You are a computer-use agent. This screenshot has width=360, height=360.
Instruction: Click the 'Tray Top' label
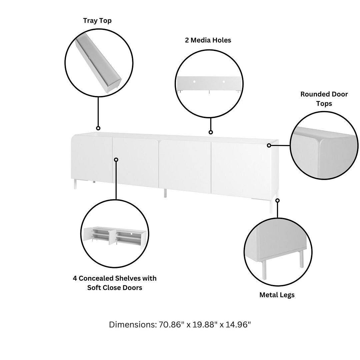tap(97, 21)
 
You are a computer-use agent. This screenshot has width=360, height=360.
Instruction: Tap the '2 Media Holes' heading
tap(208, 40)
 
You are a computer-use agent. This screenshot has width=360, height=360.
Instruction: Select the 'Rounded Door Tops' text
tap(324, 99)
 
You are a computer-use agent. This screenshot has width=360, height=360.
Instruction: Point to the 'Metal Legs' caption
tap(277, 295)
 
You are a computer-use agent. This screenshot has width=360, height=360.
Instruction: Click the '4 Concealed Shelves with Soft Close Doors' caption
tap(115, 283)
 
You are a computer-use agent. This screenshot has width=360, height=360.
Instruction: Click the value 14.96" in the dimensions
tap(238, 325)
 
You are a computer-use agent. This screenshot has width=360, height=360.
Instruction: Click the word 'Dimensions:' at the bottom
tap(132, 325)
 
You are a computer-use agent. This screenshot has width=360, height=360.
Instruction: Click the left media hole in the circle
tap(194, 82)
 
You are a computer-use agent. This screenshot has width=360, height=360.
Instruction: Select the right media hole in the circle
tap(224, 82)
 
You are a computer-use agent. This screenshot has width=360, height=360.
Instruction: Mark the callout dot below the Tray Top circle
tap(98, 128)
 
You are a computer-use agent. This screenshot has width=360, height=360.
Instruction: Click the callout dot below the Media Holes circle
tap(211, 132)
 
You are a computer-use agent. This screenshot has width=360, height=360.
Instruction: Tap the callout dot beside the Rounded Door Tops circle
tap(269, 145)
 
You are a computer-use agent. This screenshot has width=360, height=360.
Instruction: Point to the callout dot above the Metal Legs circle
tap(277, 200)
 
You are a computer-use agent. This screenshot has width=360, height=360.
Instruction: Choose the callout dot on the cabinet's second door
tap(116, 160)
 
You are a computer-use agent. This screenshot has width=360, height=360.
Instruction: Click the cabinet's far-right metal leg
tap(271, 205)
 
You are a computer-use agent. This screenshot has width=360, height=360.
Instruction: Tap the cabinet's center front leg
tap(165, 193)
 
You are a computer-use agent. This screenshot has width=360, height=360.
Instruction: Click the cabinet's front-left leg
tap(75, 184)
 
